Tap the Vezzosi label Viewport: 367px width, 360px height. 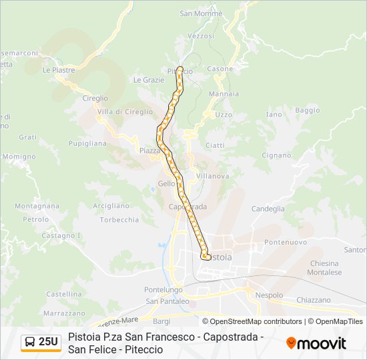tap(201, 35)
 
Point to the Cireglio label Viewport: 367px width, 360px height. tap(95, 98)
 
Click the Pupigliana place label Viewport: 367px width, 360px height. tap(87, 143)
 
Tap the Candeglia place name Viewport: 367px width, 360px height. tap(268, 209)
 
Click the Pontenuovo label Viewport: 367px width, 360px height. tap(285, 242)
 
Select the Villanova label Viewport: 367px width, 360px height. tap(213, 176)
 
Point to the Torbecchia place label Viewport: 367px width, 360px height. tap(119, 219)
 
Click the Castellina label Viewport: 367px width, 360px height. tap(64, 293)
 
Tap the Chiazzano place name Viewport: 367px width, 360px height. tap(313, 300)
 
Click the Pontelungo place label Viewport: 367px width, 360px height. tap(163, 289)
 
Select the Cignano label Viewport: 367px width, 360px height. tap(276, 155)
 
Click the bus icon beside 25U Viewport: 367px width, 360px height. tap(31, 342)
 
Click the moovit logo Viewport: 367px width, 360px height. tap(316, 343)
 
